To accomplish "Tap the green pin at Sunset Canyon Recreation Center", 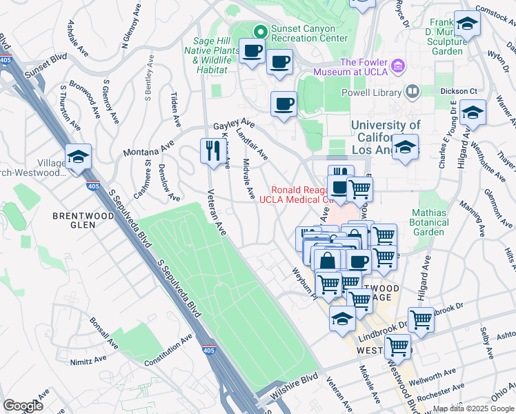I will tap(261, 31).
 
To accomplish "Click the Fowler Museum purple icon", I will tap(397, 66).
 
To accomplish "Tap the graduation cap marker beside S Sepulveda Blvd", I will tap(78, 157).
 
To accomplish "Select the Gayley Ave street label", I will tap(234, 125).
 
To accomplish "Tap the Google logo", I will tap(23, 405).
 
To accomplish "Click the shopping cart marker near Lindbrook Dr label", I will tap(421, 320).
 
